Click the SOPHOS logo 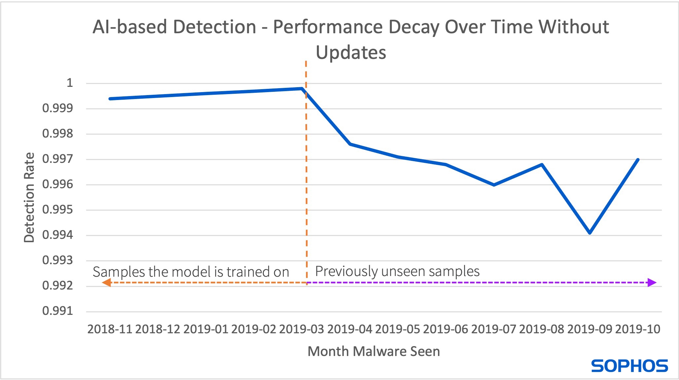629,366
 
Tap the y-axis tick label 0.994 58,235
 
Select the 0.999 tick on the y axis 58,108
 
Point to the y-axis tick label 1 69,83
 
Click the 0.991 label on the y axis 58,311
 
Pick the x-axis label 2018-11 110,329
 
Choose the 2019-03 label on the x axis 301,329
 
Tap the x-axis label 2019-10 638,329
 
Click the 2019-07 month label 493,329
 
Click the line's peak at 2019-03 302,89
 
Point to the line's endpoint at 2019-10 638,160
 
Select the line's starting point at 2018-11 110,99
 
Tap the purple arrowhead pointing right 652,283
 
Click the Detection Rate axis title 29,197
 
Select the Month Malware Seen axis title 373,351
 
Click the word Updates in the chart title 351,53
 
